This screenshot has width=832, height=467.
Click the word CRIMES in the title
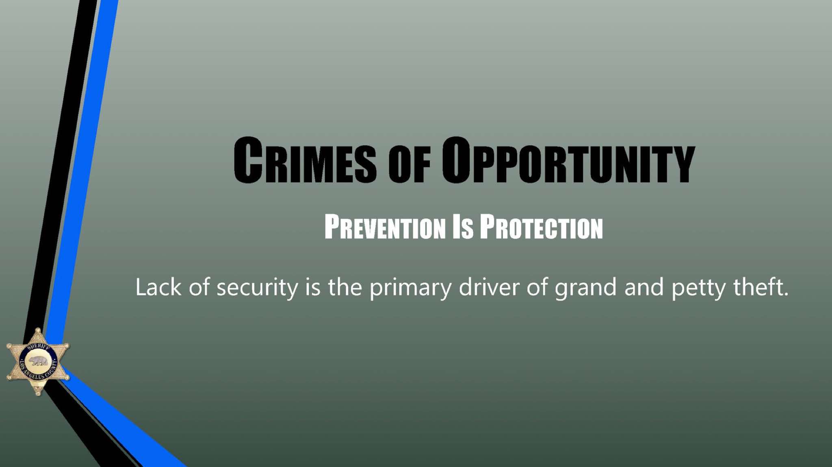[x=305, y=160]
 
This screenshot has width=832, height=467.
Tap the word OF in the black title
[x=409, y=164]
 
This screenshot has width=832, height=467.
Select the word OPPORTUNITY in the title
[x=568, y=160]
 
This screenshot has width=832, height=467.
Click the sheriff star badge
[x=38, y=362]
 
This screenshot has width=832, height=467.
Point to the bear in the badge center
[x=38, y=361]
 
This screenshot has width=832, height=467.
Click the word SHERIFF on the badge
[x=39, y=348]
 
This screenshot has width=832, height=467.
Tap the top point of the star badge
[x=38, y=328]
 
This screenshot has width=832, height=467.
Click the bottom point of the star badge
[x=38, y=394]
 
